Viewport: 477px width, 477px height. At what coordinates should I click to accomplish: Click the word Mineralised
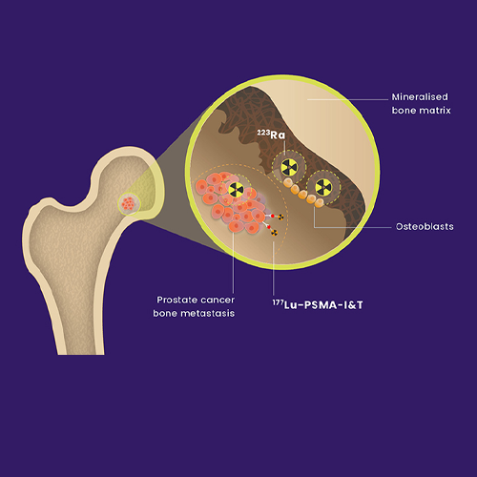[420, 96]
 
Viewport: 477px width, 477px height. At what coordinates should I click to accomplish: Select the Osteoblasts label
[425, 226]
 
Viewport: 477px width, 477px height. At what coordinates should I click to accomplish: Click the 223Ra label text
[271, 135]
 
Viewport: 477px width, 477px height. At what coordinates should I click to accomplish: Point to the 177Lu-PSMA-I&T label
[318, 304]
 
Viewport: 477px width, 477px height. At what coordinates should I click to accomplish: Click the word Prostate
[176, 300]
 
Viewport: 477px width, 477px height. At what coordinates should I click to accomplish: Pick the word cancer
[218, 301]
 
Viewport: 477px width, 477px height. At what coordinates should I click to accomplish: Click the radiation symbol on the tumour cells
[236, 190]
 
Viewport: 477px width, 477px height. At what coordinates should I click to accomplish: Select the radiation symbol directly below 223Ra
[289, 167]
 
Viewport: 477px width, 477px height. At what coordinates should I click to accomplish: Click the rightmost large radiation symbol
[323, 187]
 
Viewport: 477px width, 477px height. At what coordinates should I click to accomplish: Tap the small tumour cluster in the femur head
[129, 203]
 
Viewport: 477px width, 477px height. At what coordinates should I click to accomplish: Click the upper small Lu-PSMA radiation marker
[280, 218]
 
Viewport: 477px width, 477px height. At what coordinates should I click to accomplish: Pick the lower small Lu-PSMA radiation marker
[274, 233]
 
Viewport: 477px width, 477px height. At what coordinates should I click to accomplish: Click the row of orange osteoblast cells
[303, 193]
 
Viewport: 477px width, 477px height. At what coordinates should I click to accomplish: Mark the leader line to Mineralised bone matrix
[348, 99]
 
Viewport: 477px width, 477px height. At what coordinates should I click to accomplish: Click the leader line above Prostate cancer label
[234, 262]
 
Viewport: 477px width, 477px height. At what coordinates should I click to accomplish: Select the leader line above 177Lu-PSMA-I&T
[274, 268]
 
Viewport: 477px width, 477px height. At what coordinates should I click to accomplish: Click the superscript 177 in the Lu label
[278, 302]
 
